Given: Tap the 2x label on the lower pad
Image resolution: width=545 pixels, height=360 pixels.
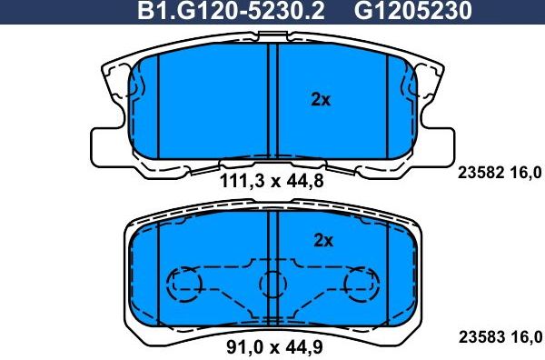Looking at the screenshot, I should coord(323,241).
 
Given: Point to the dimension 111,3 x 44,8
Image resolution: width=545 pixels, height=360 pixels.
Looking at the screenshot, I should coord(272,181).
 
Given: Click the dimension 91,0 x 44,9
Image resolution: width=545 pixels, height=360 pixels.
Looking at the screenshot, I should coord(272,345).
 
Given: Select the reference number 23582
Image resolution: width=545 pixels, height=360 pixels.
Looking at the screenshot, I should coord(478,173).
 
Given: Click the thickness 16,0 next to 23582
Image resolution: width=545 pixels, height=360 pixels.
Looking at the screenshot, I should coord(527,173).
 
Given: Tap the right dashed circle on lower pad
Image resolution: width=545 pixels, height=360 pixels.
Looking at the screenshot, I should coord(361,285).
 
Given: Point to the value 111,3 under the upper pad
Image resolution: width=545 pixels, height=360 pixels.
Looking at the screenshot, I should coord(239,181).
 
